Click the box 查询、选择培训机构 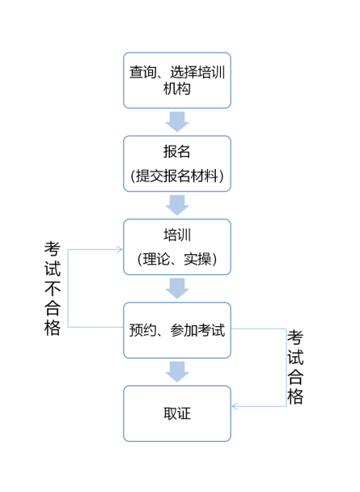176,80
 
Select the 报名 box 176,163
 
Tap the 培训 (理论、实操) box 176,247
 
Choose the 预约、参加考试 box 176,330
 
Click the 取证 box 176,414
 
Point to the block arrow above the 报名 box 176,121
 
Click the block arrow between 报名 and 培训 176,205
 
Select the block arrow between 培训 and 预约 176,288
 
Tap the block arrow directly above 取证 176,371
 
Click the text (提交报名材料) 176,176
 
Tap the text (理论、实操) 176,260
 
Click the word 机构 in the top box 176,89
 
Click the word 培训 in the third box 176,235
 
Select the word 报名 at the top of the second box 176,152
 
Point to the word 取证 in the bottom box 176,414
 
